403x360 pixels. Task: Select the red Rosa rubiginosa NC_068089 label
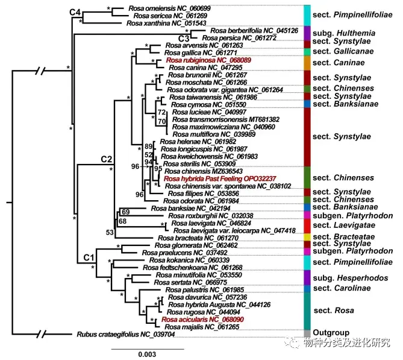[x=208, y=61]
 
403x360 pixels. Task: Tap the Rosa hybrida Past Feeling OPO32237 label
[x=219, y=178]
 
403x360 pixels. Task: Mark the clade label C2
[x=107, y=159]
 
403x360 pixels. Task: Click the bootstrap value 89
[x=148, y=147]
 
